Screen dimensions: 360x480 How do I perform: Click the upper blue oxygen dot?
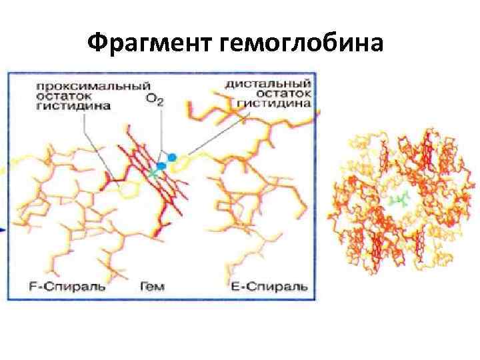[172, 157]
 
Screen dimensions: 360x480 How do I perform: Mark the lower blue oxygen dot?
[161, 165]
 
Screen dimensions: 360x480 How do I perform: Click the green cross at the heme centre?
[155, 173]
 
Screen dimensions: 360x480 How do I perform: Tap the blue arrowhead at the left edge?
[3, 229]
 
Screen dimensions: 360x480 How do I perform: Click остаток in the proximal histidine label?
[58, 95]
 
